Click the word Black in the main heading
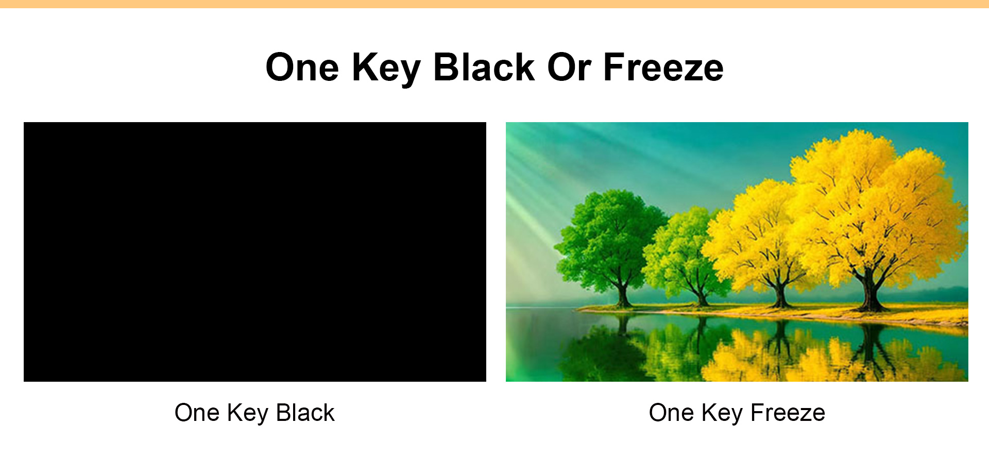tap(484, 67)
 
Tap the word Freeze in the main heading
tap(663, 67)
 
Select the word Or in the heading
tap(569, 67)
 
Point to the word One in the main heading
tap(302, 67)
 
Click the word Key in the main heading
tap(387, 70)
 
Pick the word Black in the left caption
tap(305, 413)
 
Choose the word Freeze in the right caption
tap(788, 413)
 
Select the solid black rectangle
tap(255, 252)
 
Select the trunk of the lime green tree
tap(701, 296)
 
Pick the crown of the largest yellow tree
tap(876, 206)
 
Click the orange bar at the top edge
tap(494, 4)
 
